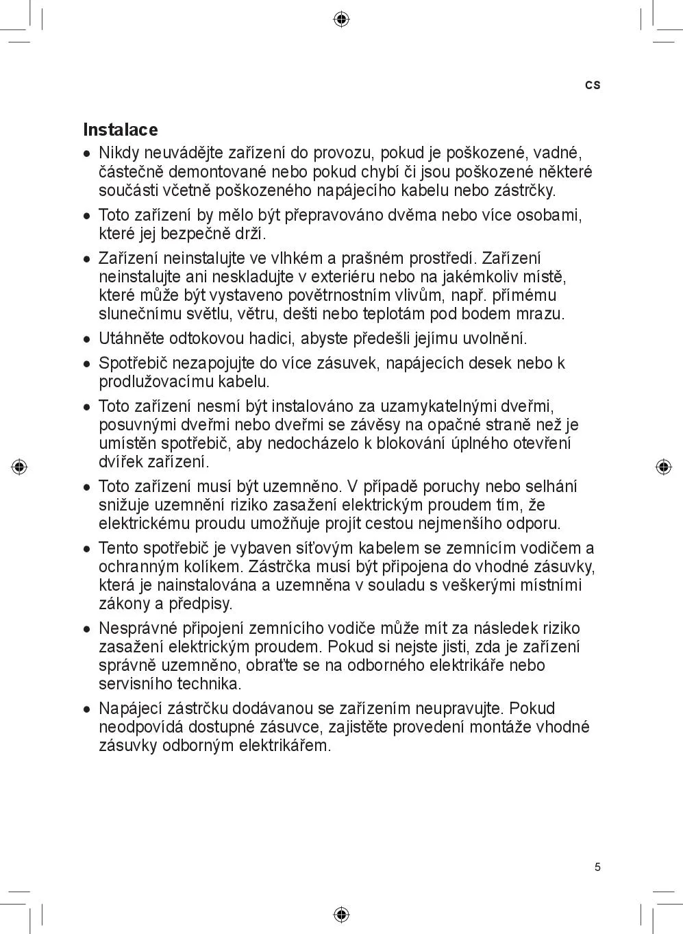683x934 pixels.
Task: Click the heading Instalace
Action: click(120, 130)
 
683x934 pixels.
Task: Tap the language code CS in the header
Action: click(593, 85)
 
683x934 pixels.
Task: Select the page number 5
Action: click(597, 868)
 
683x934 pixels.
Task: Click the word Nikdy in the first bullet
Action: click(119, 153)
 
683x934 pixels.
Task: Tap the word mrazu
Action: click(543, 314)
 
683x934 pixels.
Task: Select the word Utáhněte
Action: click(131, 339)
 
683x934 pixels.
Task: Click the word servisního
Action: click(136, 684)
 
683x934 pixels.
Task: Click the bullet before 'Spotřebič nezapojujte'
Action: click(87, 364)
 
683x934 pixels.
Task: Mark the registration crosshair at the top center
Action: click(341, 19)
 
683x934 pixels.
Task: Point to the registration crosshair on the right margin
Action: click(663, 467)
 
